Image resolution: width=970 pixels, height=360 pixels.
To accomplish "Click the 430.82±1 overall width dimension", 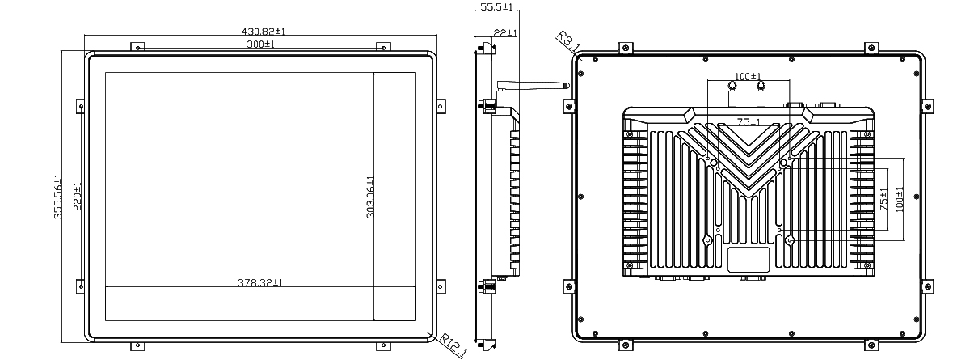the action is pyautogui.click(x=263, y=32).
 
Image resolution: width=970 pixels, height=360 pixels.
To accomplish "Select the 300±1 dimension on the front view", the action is pyautogui.click(x=260, y=44).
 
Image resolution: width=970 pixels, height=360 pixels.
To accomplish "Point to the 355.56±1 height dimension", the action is pyautogui.click(x=57, y=197).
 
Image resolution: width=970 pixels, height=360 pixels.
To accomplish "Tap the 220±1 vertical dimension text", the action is pyautogui.click(x=78, y=197).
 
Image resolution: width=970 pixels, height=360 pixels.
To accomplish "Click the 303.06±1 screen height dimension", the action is pyautogui.click(x=370, y=197).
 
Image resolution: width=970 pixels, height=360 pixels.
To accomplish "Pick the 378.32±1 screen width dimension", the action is pyautogui.click(x=259, y=283).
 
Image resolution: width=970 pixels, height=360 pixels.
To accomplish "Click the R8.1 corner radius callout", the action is pyautogui.click(x=567, y=41).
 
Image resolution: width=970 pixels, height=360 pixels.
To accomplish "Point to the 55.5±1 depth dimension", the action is pyautogui.click(x=496, y=6).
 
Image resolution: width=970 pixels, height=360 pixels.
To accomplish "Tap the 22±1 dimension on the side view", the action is pyautogui.click(x=505, y=33).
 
